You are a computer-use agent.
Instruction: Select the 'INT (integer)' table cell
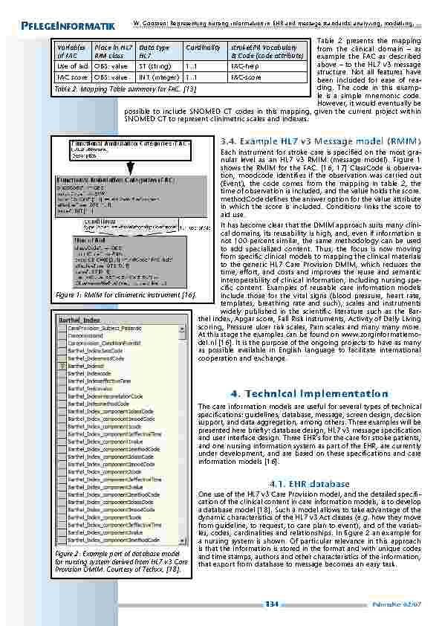click(155, 76)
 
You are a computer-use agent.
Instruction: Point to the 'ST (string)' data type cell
click(153, 66)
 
